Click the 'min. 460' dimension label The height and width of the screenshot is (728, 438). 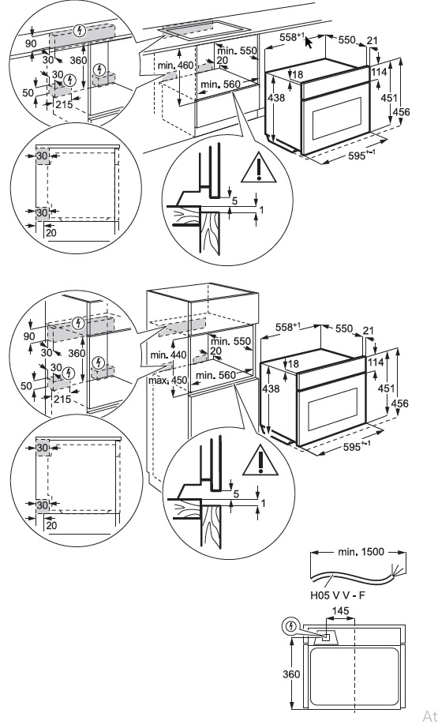(175, 66)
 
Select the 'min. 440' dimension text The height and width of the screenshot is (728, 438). (168, 355)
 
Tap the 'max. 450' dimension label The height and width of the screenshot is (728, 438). (168, 381)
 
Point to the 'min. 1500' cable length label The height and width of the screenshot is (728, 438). (361, 552)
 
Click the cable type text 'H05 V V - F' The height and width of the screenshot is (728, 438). (338, 595)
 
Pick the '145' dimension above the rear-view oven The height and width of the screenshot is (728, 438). (341, 611)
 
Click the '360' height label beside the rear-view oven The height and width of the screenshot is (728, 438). (291, 674)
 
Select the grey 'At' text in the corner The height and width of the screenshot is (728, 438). (429, 715)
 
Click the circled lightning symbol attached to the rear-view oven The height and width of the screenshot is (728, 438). (290, 626)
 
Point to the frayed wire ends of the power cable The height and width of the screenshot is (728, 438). (397, 569)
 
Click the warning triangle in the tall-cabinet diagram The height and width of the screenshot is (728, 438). (260, 461)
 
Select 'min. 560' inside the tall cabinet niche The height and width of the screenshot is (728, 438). (215, 375)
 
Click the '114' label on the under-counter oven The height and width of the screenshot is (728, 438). (379, 72)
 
